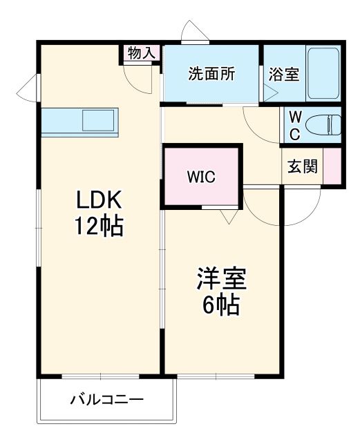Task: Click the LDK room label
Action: (99, 201)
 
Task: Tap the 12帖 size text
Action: (99, 226)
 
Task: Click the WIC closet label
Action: (201, 177)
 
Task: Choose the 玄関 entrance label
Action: (303, 167)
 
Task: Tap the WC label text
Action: (294, 125)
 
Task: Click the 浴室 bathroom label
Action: (283, 75)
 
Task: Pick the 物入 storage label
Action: (142, 53)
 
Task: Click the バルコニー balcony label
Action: (106, 400)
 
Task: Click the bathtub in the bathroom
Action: (323, 73)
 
